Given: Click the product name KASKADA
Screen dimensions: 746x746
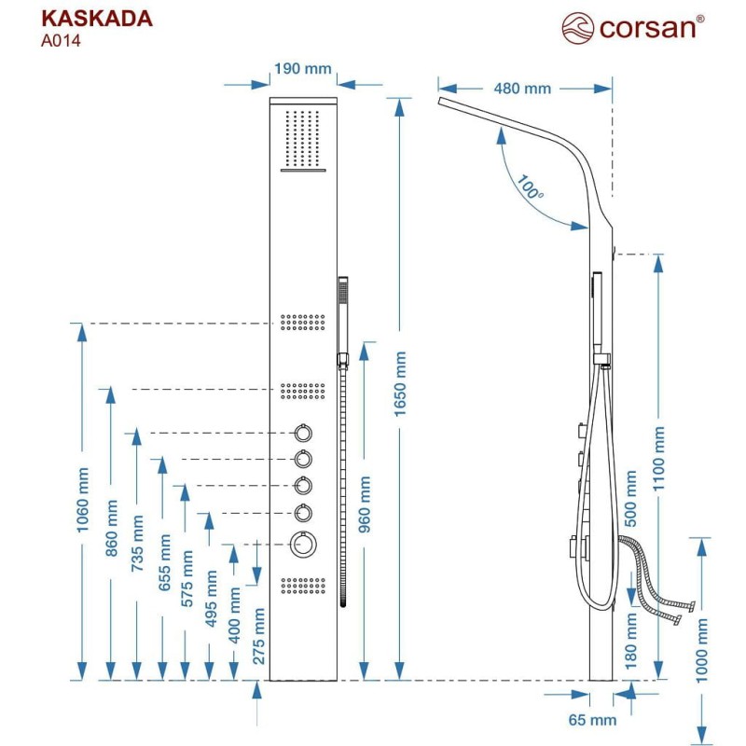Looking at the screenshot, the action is click(97, 19).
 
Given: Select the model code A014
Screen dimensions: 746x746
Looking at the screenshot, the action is click(61, 41).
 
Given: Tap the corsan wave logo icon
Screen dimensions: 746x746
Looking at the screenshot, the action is click(577, 28).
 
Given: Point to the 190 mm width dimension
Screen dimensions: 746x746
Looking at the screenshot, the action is click(303, 68).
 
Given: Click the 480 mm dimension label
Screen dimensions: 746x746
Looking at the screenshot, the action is click(522, 89).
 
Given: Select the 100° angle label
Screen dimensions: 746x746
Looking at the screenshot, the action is click(530, 187).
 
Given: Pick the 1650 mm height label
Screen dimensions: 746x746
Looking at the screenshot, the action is click(400, 384).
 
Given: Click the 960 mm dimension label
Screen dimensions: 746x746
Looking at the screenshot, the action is click(365, 504).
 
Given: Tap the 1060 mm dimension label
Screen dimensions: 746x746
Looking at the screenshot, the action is click(82, 500).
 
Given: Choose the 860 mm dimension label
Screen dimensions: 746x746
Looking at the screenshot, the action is click(111, 528).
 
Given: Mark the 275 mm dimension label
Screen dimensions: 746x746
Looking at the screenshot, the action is click(258, 636).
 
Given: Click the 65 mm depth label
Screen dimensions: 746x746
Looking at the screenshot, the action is click(592, 720).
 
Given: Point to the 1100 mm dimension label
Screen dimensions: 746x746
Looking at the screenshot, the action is click(658, 459).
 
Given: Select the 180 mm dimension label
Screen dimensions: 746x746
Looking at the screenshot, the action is click(630, 641).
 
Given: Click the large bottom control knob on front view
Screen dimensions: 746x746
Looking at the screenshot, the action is click(303, 544).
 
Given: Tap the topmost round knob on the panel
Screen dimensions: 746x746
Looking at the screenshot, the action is click(303, 433).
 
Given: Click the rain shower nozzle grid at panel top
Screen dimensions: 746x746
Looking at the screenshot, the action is click(302, 138).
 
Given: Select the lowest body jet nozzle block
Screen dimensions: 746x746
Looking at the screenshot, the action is click(303, 586).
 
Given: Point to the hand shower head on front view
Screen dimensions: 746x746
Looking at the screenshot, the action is click(342, 315).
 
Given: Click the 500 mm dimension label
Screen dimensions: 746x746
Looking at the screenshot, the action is click(630, 498).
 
